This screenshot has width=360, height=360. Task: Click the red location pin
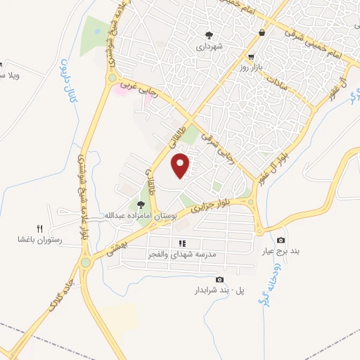click(181, 166)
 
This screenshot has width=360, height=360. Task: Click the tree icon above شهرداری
click(209, 34)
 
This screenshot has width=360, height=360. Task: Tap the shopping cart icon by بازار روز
click(251, 56)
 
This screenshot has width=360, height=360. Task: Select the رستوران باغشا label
click(40, 240)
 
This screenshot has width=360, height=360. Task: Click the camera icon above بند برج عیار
click(281, 240)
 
